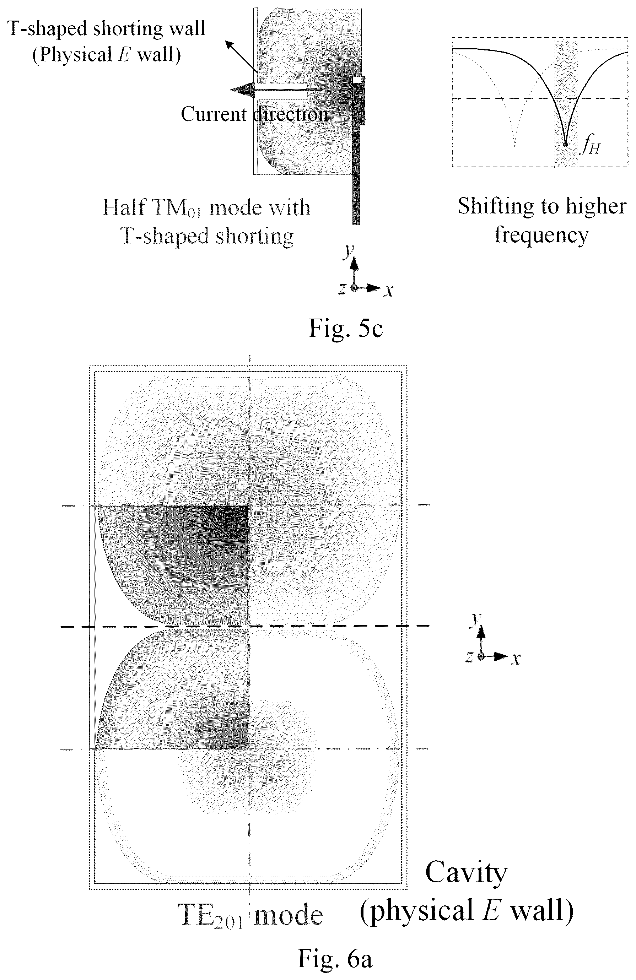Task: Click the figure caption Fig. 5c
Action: coord(346,328)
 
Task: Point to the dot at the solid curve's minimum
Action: coord(565,144)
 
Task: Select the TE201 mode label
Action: coord(250,915)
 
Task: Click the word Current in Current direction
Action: coord(214,114)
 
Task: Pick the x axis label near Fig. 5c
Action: coord(388,291)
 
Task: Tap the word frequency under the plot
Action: coord(541,235)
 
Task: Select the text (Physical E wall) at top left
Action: coord(106,54)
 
